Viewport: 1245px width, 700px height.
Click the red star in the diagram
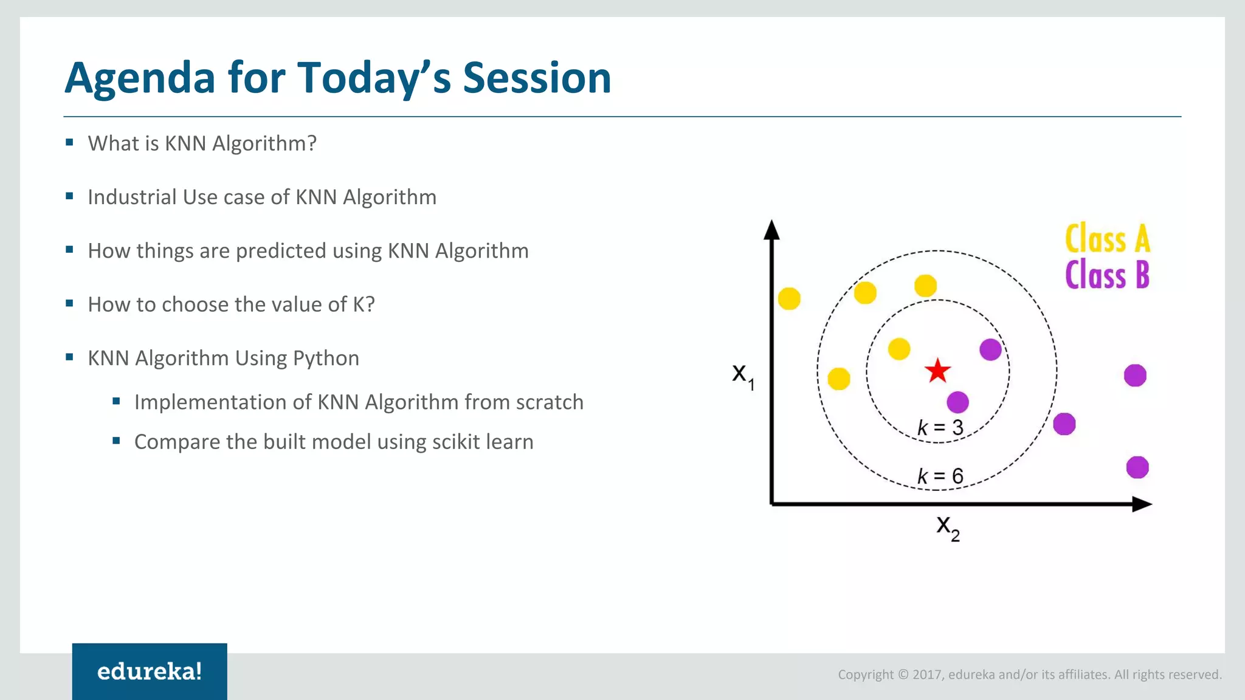(x=937, y=371)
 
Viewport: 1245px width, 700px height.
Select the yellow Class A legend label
(x=1107, y=238)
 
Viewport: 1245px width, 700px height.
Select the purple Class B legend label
(x=1107, y=275)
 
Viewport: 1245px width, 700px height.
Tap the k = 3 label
(x=940, y=428)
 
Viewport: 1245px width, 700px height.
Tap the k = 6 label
(x=940, y=476)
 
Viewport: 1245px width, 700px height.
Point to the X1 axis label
(x=742, y=375)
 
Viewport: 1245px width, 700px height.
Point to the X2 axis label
(x=947, y=527)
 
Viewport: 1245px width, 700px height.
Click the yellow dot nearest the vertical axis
(x=789, y=298)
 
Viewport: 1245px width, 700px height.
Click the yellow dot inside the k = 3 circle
(x=899, y=349)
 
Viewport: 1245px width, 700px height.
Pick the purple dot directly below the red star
(x=957, y=402)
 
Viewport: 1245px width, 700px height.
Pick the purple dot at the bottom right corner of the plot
(x=1137, y=467)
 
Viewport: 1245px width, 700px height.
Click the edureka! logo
(x=150, y=671)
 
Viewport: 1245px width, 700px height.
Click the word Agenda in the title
(x=140, y=79)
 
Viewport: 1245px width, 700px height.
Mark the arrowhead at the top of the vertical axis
(x=771, y=229)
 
